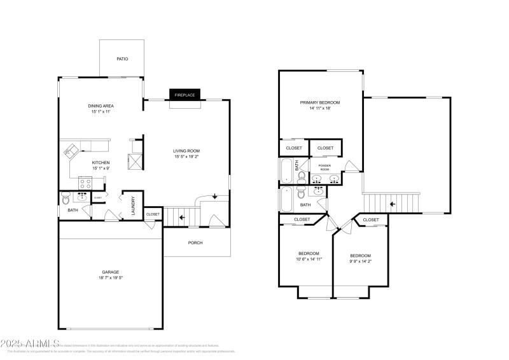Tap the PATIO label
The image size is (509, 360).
pyautogui.click(x=122, y=59)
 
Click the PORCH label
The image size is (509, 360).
pyautogui.click(x=195, y=242)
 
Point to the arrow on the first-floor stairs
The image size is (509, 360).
pyautogui.click(x=183, y=217)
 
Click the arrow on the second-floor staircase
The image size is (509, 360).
pyautogui.click(x=392, y=204)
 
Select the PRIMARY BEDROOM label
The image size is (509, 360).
pyautogui.click(x=320, y=102)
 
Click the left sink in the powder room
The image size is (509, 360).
pyautogui.click(x=317, y=178)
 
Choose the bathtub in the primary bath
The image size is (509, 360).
pyautogui.click(x=286, y=170)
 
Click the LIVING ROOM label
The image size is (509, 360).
pyautogui.click(x=186, y=151)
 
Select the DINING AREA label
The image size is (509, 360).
pyautogui.click(x=101, y=106)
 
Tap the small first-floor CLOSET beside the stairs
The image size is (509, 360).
pyautogui.click(x=153, y=214)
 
